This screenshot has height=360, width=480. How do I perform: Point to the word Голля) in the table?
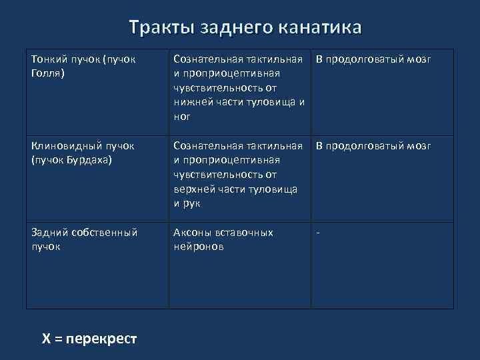48,74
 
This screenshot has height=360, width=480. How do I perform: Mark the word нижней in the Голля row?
191,103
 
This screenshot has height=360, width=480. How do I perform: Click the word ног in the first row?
181,117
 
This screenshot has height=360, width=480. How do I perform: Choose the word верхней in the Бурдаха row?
193,189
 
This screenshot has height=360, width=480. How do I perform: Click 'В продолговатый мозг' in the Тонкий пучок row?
373,60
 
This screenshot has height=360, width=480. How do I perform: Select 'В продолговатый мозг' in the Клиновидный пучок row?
373,146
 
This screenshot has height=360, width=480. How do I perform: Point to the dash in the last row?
318,233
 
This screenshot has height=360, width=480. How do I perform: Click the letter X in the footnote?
46,339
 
